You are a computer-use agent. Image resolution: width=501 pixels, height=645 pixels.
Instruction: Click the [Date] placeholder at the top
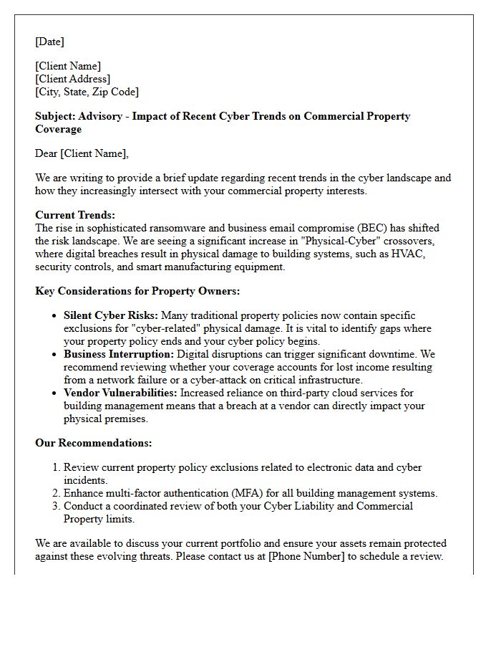pos(50,42)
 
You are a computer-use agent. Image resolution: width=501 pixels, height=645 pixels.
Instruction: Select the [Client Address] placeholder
pos(72,79)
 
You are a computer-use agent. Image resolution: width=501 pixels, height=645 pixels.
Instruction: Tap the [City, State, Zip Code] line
pos(87,92)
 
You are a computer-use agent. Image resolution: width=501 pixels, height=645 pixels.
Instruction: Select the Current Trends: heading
pos(75,215)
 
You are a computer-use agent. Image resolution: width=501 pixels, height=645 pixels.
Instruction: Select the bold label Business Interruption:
pos(118,354)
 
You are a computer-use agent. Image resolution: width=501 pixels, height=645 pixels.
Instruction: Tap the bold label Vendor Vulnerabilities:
pos(120,393)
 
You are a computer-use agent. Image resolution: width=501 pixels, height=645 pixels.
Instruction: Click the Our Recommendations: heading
pos(93,443)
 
